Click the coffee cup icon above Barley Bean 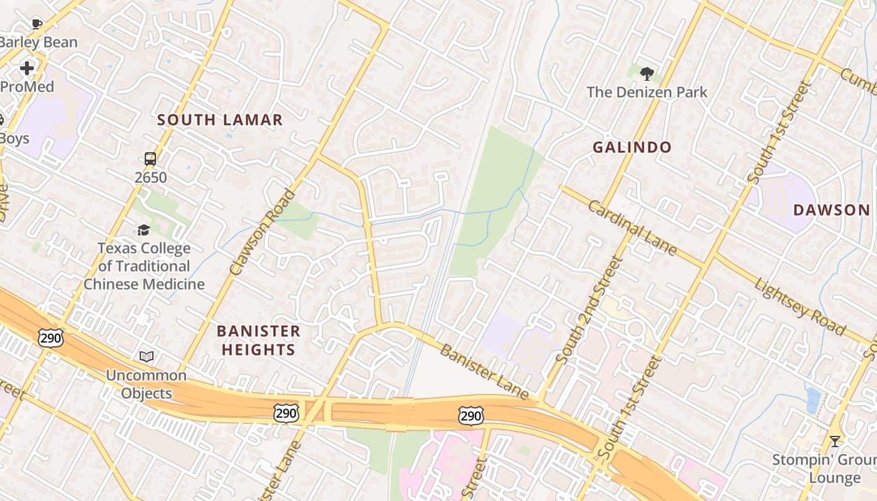(x=37, y=24)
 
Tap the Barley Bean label (x=39, y=43)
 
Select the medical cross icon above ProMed (x=27, y=68)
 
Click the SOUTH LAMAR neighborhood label (x=220, y=120)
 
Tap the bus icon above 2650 (x=150, y=158)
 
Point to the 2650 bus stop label (x=150, y=177)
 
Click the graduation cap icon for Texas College (x=144, y=230)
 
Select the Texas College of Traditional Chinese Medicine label (x=144, y=266)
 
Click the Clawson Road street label (x=262, y=232)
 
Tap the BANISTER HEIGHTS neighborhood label (x=259, y=340)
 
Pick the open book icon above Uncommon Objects (x=147, y=356)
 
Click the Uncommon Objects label (x=146, y=384)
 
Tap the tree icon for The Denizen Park (x=647, y=73)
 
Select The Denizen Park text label (x=647, y=92)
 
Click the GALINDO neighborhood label (x=632, y=148)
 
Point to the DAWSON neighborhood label (x=831, y=210)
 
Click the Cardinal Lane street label (x=632, y=229)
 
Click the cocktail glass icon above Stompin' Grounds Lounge (x=834, y=442)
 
